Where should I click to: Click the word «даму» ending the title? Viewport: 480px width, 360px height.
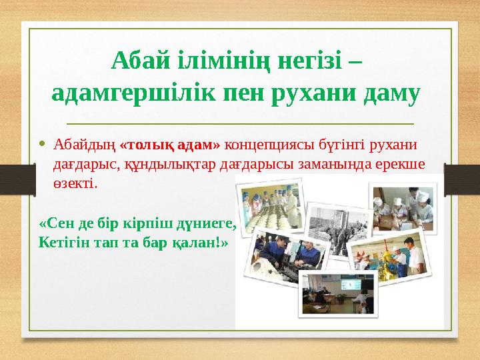(392, 94)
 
